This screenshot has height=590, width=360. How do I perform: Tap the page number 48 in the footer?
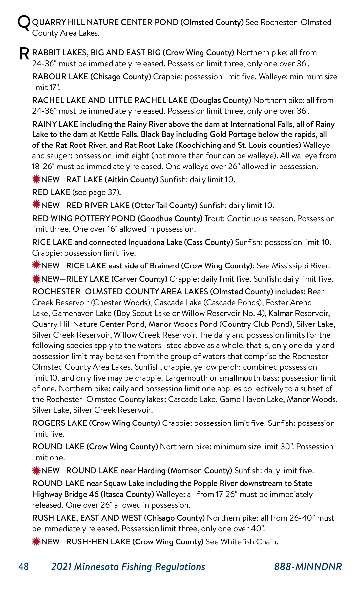click(23, 567)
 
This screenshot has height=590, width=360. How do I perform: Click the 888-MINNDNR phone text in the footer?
click(308, 567)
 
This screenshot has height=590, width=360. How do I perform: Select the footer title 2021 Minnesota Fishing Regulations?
click(128, 567)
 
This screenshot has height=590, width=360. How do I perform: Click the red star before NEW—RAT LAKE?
click(36, 179)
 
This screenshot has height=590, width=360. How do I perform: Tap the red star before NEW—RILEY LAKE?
click(36, 279)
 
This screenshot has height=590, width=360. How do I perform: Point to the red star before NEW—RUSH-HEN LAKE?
click(36, 541)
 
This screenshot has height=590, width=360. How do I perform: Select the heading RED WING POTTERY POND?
click(84, 219)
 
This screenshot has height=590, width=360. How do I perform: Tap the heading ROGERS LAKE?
click(60, 423)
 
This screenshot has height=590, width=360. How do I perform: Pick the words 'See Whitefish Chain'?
click(242, 542)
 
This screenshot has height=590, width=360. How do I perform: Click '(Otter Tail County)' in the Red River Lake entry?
click(164, 206)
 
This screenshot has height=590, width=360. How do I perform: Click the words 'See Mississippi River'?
click(293, 266)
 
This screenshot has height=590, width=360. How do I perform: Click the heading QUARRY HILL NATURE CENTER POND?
click(105, 22)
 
